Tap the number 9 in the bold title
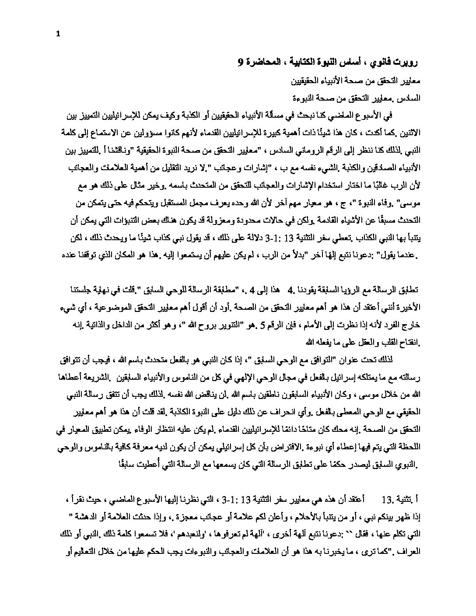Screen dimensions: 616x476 (x=240, y=63)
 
